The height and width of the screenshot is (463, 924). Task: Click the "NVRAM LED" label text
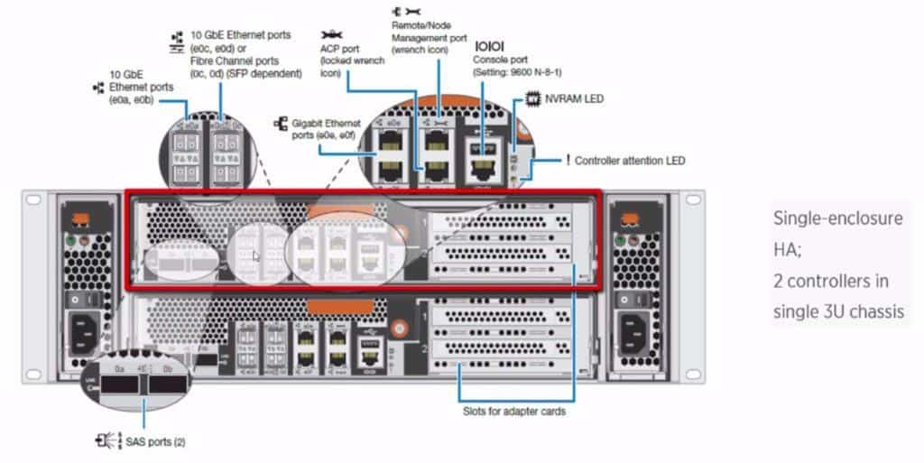pos(574,98)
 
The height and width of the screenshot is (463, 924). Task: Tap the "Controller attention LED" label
pos(630,161)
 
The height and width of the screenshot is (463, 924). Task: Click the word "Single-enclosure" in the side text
pos(837,218)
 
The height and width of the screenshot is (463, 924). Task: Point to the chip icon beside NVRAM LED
pos(532,98)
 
